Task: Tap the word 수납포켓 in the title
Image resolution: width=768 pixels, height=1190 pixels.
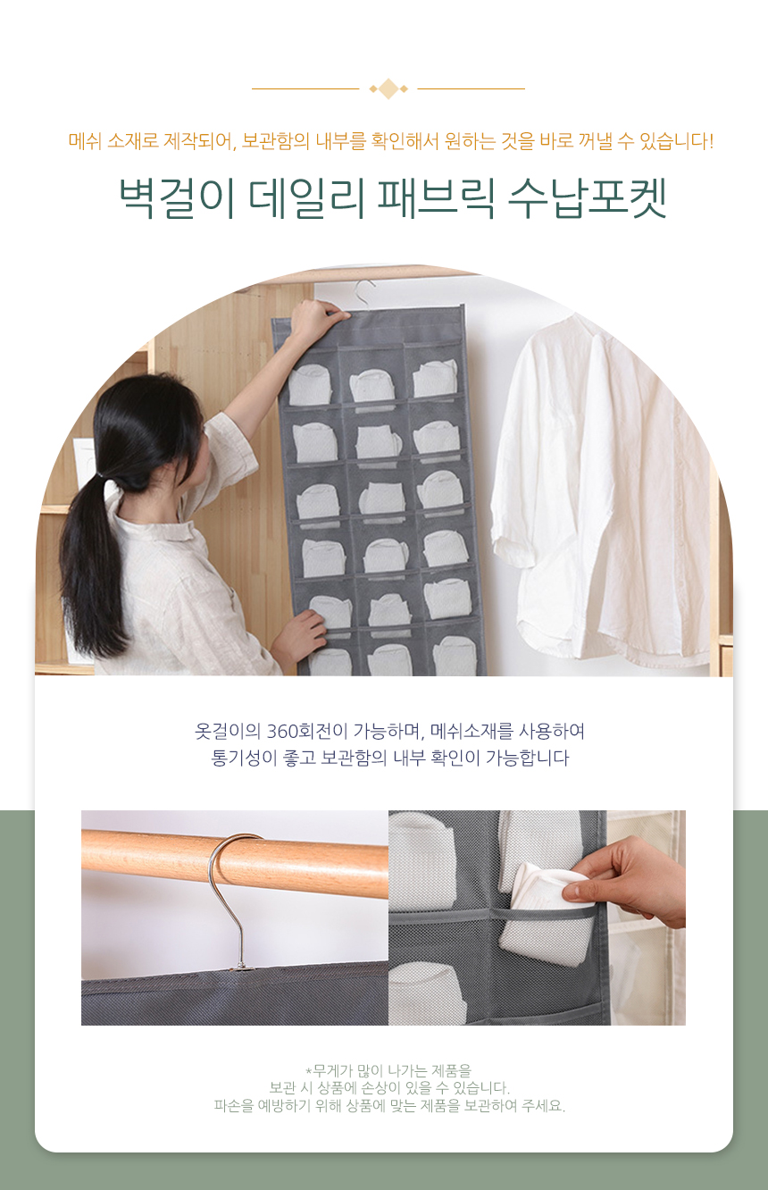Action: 587,198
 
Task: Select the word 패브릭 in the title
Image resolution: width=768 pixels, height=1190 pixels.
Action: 436,198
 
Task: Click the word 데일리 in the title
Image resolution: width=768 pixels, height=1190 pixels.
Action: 306,198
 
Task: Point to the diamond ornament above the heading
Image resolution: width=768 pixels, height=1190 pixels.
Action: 388,88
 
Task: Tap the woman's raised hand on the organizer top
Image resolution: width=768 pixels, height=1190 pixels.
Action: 320,315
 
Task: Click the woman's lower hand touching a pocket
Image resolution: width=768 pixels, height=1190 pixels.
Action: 303,638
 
